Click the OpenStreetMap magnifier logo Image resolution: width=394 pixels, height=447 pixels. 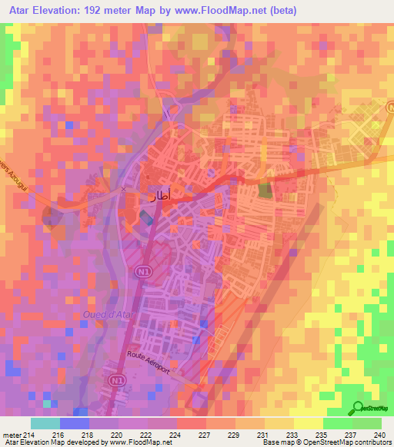(x=358, y=409)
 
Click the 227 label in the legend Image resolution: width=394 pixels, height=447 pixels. (x=205, y=434)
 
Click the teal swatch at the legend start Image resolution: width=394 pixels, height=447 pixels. (x=45, y=423)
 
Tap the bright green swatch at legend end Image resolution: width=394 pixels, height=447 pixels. (x=367, y=423)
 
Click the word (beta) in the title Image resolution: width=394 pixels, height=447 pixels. (x=281, y=11)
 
